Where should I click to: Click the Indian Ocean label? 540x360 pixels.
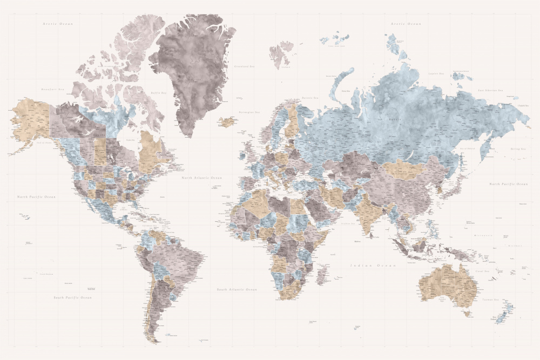coord(373,266)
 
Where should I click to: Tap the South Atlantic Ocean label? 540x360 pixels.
coord(237,289)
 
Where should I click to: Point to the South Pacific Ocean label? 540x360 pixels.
coord(72,297)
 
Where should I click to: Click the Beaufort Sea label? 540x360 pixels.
coord(53,89)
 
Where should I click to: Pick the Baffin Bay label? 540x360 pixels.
coord(158,92)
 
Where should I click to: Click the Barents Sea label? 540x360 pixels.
coord(310,98)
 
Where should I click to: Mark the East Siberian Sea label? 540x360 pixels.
coord(490,90)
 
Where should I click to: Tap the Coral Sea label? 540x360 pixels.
coord(482,270)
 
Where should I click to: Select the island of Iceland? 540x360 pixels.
coord(228,121)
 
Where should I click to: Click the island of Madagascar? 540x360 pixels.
coord(322,273)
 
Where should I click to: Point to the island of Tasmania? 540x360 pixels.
coord(465,313)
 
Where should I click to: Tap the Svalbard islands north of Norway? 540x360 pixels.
coord(281,54)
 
